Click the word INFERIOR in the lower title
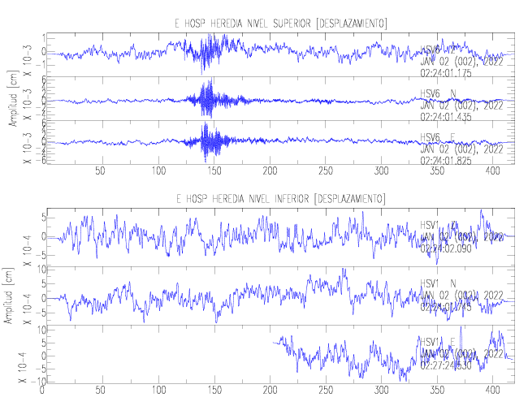pos(298,199)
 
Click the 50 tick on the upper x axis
pos(101,171)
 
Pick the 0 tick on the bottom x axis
pos(42,391)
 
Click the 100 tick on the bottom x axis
pos(156,391)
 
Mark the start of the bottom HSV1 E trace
pos(274,343)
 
